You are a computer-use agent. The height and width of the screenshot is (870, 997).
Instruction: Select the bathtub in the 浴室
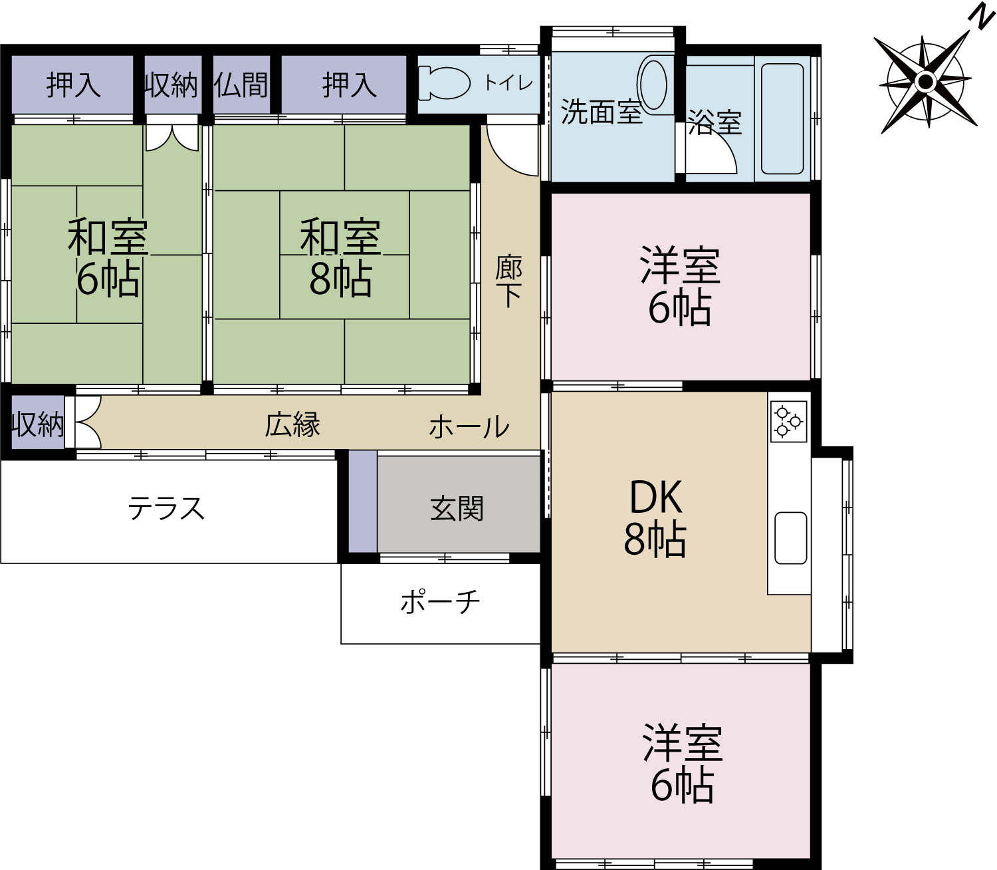(x=782, y=118)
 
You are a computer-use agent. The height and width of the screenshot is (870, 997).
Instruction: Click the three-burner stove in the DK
(x=788, y=421)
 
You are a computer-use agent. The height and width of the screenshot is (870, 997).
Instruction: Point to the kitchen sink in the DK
(x=790, y=538)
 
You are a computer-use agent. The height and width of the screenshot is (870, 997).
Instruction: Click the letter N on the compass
(x=981, y=19)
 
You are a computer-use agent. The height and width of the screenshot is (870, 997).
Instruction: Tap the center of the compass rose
(x=924, y=81)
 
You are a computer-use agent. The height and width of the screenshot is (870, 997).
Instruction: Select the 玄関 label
(x=457, y=509)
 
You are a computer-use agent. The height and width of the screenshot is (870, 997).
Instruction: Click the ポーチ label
(x=440, y=601)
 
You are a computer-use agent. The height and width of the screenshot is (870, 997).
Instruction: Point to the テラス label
(x=166, y=508)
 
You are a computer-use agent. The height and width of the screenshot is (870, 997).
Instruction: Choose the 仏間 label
(x=241, y=85)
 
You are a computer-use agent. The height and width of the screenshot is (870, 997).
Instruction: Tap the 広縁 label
(x=292, y=424)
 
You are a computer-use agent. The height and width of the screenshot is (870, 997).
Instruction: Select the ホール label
(x=469, y=426)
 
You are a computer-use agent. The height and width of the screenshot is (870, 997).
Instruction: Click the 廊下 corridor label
(x=508, y=281)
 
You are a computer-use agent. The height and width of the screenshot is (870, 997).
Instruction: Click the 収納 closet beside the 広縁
(x=38, y=422)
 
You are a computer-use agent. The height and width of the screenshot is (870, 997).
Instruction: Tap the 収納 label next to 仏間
(x=171, y=85)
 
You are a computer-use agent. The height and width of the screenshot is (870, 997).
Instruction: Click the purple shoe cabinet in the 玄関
(x=362, y=502)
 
